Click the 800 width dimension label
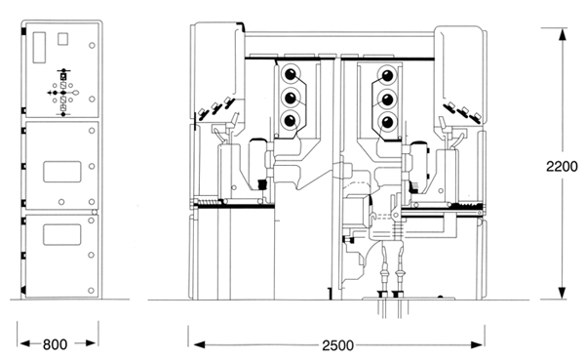click(56, 344)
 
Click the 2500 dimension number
click(337, 345)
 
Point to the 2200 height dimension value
click(562, 167)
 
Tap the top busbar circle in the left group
click(291, 74)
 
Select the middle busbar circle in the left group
click(291, 98)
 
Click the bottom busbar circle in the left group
click(291, 121)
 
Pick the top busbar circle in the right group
click(388, 75)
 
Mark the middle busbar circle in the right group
click(388, 100)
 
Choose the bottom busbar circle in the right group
click(388, 122)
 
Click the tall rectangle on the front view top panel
click(39, 48)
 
